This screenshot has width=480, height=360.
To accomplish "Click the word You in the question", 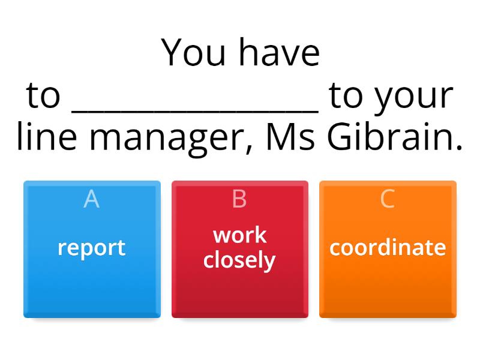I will [194, 53].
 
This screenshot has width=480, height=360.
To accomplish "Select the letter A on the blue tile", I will [91, 199].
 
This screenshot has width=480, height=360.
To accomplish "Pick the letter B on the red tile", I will [239, 199].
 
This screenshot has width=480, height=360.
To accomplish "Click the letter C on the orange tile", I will [388, 199].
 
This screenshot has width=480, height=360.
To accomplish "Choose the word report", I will [91, 248].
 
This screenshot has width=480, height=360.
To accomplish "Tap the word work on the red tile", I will [239, 235].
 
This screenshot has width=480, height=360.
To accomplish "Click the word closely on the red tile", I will [239, 260].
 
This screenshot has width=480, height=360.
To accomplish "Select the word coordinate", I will [388, 247].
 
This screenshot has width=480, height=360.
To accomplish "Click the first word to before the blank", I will [44, 96].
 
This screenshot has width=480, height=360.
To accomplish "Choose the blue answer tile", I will [92, 282].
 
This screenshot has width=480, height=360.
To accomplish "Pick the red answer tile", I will [239, 288].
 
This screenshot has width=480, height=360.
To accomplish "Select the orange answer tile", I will [388, 282].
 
